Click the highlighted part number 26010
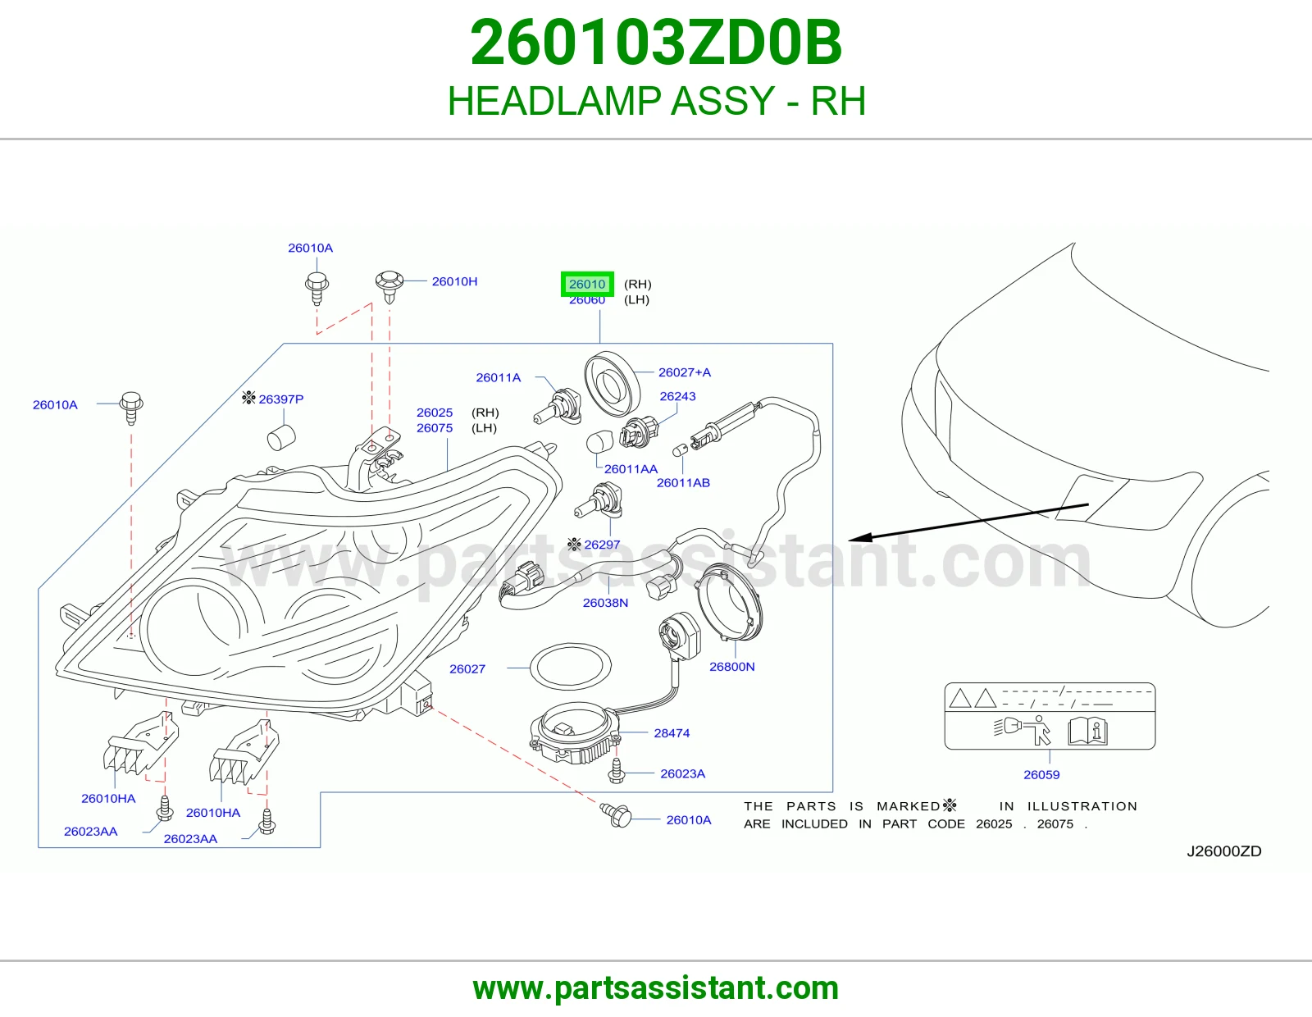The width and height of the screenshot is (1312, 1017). coord(587,284)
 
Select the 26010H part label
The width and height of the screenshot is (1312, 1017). coord(454,281)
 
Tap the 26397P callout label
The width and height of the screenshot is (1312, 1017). coord(280,399)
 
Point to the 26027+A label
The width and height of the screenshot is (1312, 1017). coord(685,372)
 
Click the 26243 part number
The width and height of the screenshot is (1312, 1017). coord(677,396)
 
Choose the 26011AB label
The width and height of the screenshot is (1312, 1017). coord(683,482)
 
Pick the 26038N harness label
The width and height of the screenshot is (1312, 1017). coord(605,603)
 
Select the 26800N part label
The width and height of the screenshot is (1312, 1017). coord(731,667)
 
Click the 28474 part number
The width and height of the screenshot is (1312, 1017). coord(672,733)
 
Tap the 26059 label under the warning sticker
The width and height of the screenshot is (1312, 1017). coord(1041,775)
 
